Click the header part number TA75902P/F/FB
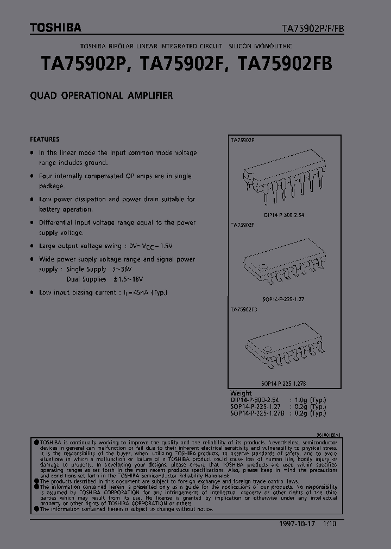click(312, 28)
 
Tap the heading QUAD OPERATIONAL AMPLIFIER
click(102, 95)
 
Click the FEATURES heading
click(45, 139)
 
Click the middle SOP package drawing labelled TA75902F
click(283, 266)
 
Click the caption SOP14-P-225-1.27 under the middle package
click(283, 299)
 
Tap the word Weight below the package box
click(241, 393)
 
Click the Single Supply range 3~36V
click(123, 269)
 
